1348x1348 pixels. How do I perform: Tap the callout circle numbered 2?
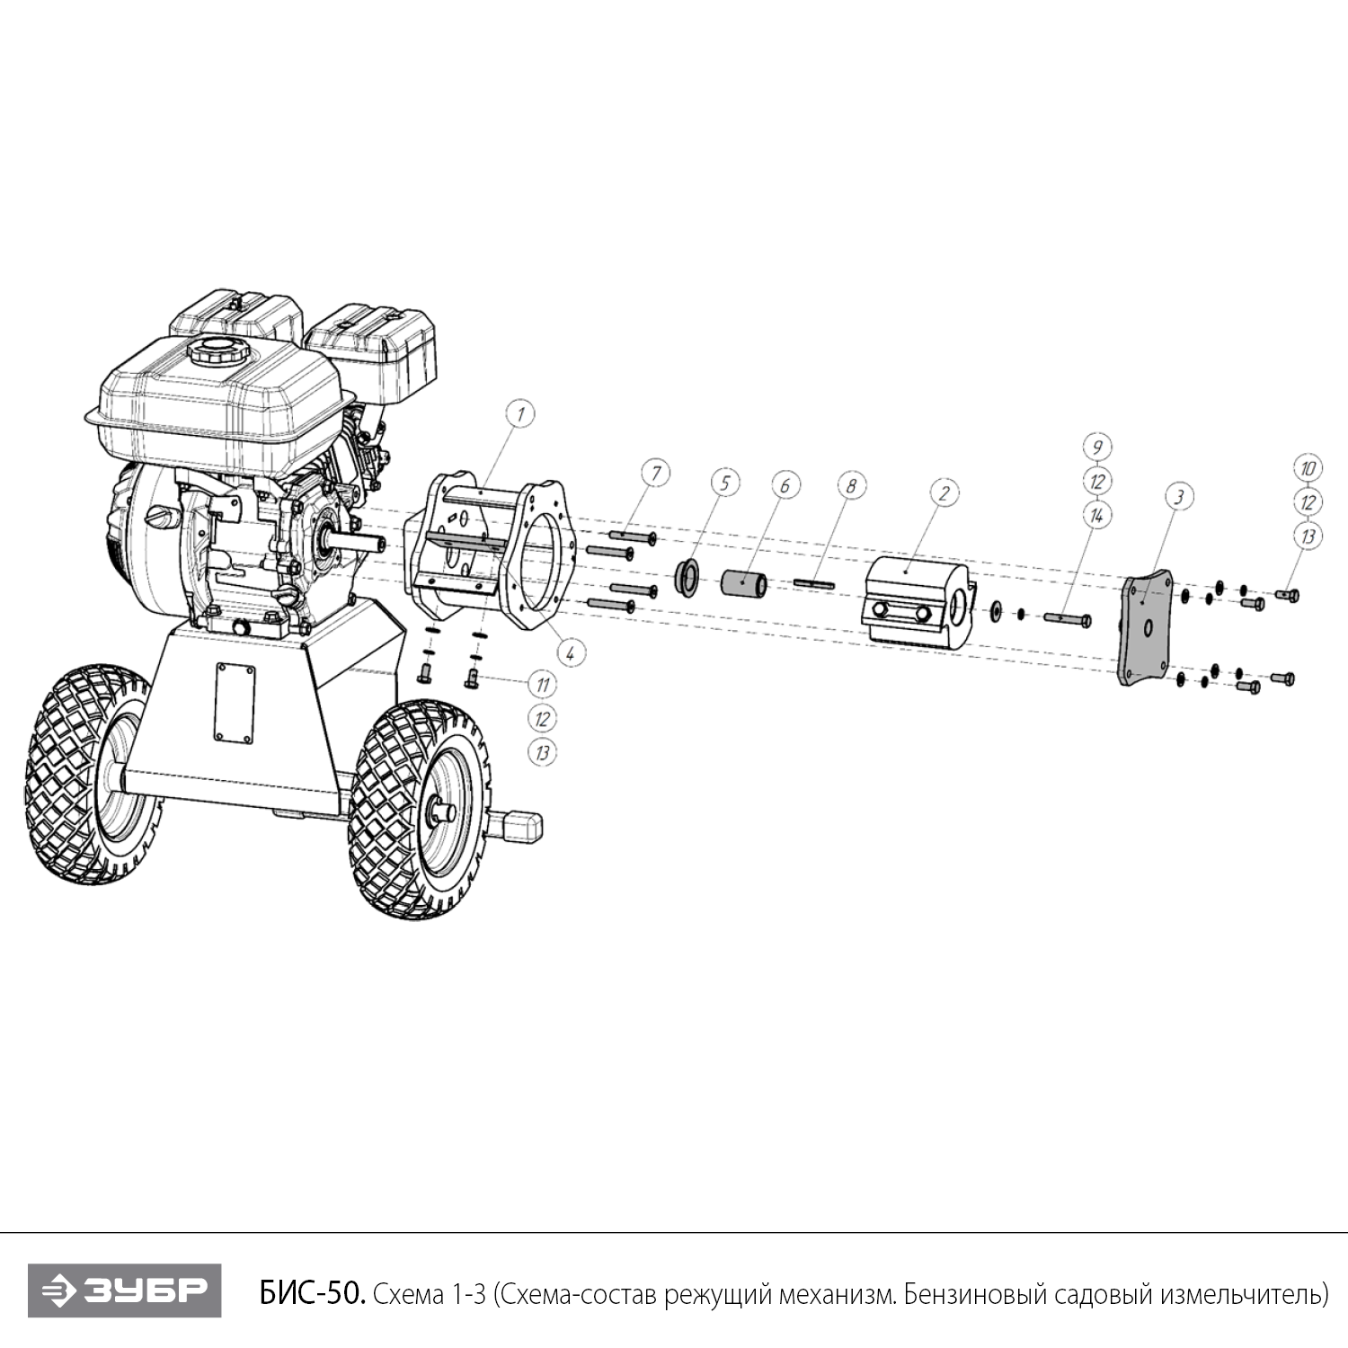tap(944, 492)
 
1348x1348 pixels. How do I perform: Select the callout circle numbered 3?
tap(1179, 496)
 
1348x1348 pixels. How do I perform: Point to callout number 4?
tap(569, 652)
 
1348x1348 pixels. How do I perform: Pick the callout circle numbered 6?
tap(785, 485)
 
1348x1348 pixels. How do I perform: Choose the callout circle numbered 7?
tap(656, 473)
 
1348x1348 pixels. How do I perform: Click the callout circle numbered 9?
tap(1097, 447)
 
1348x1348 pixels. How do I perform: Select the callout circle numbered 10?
tap(1308, 468)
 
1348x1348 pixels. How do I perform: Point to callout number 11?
tap(542, 685)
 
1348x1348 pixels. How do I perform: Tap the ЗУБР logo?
tap(124, 1291)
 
